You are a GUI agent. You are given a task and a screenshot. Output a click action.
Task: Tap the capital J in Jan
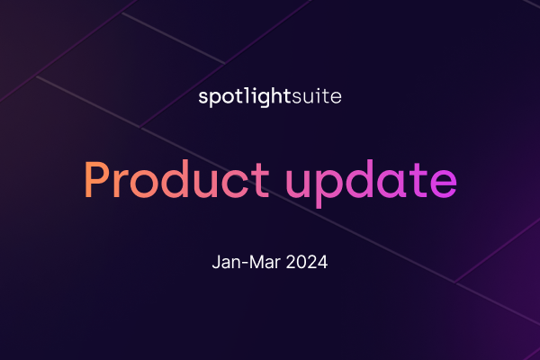(x=215, y=265)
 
